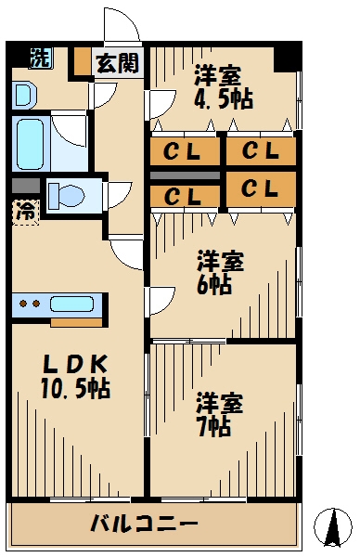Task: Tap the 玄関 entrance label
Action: tap(117, 63)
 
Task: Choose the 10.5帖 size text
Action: tap(74, 388)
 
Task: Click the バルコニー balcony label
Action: tap(144, 525)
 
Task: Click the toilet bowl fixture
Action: tap(71, 196)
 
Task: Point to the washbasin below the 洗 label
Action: tap(23, 94)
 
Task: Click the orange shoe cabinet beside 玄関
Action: tap(83, 61)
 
